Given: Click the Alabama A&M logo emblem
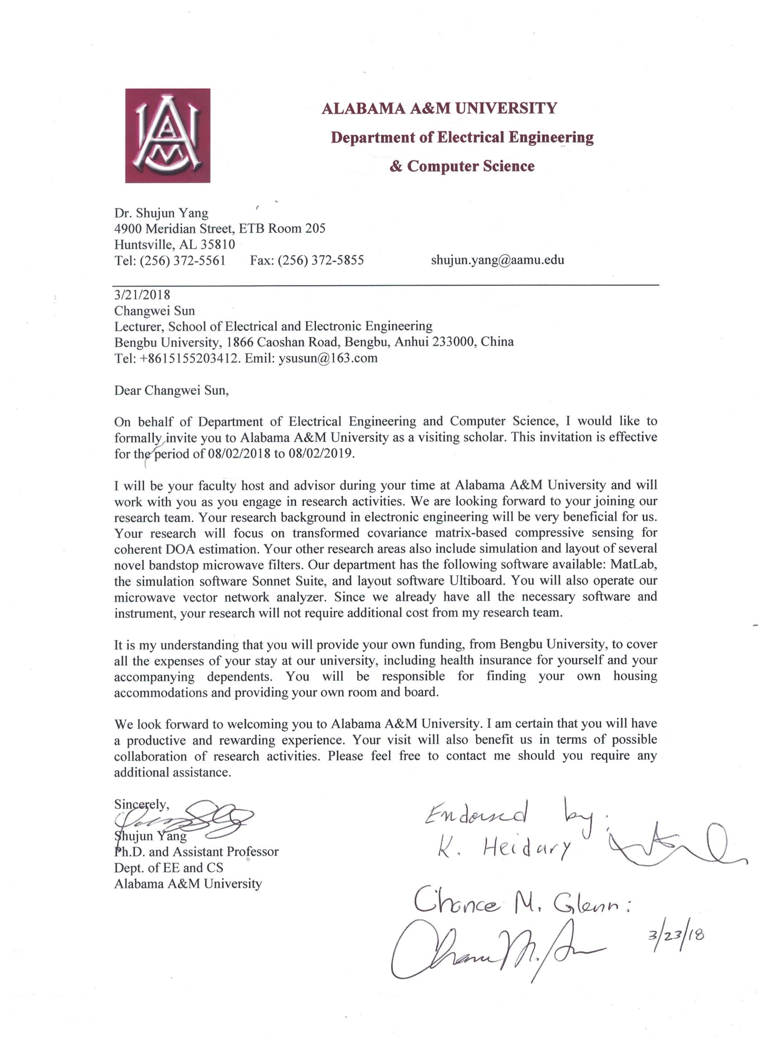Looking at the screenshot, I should [167, 135].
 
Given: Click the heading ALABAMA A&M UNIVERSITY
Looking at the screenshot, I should [439, 109].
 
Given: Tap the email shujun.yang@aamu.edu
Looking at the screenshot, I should [498, 260].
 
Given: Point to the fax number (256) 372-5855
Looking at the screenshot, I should [320, 260].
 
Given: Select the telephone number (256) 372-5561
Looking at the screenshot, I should [182, 260].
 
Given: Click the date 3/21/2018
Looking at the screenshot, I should [142, 295].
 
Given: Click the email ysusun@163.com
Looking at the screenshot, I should [328, 358].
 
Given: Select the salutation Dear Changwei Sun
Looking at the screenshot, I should [171, 390].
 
